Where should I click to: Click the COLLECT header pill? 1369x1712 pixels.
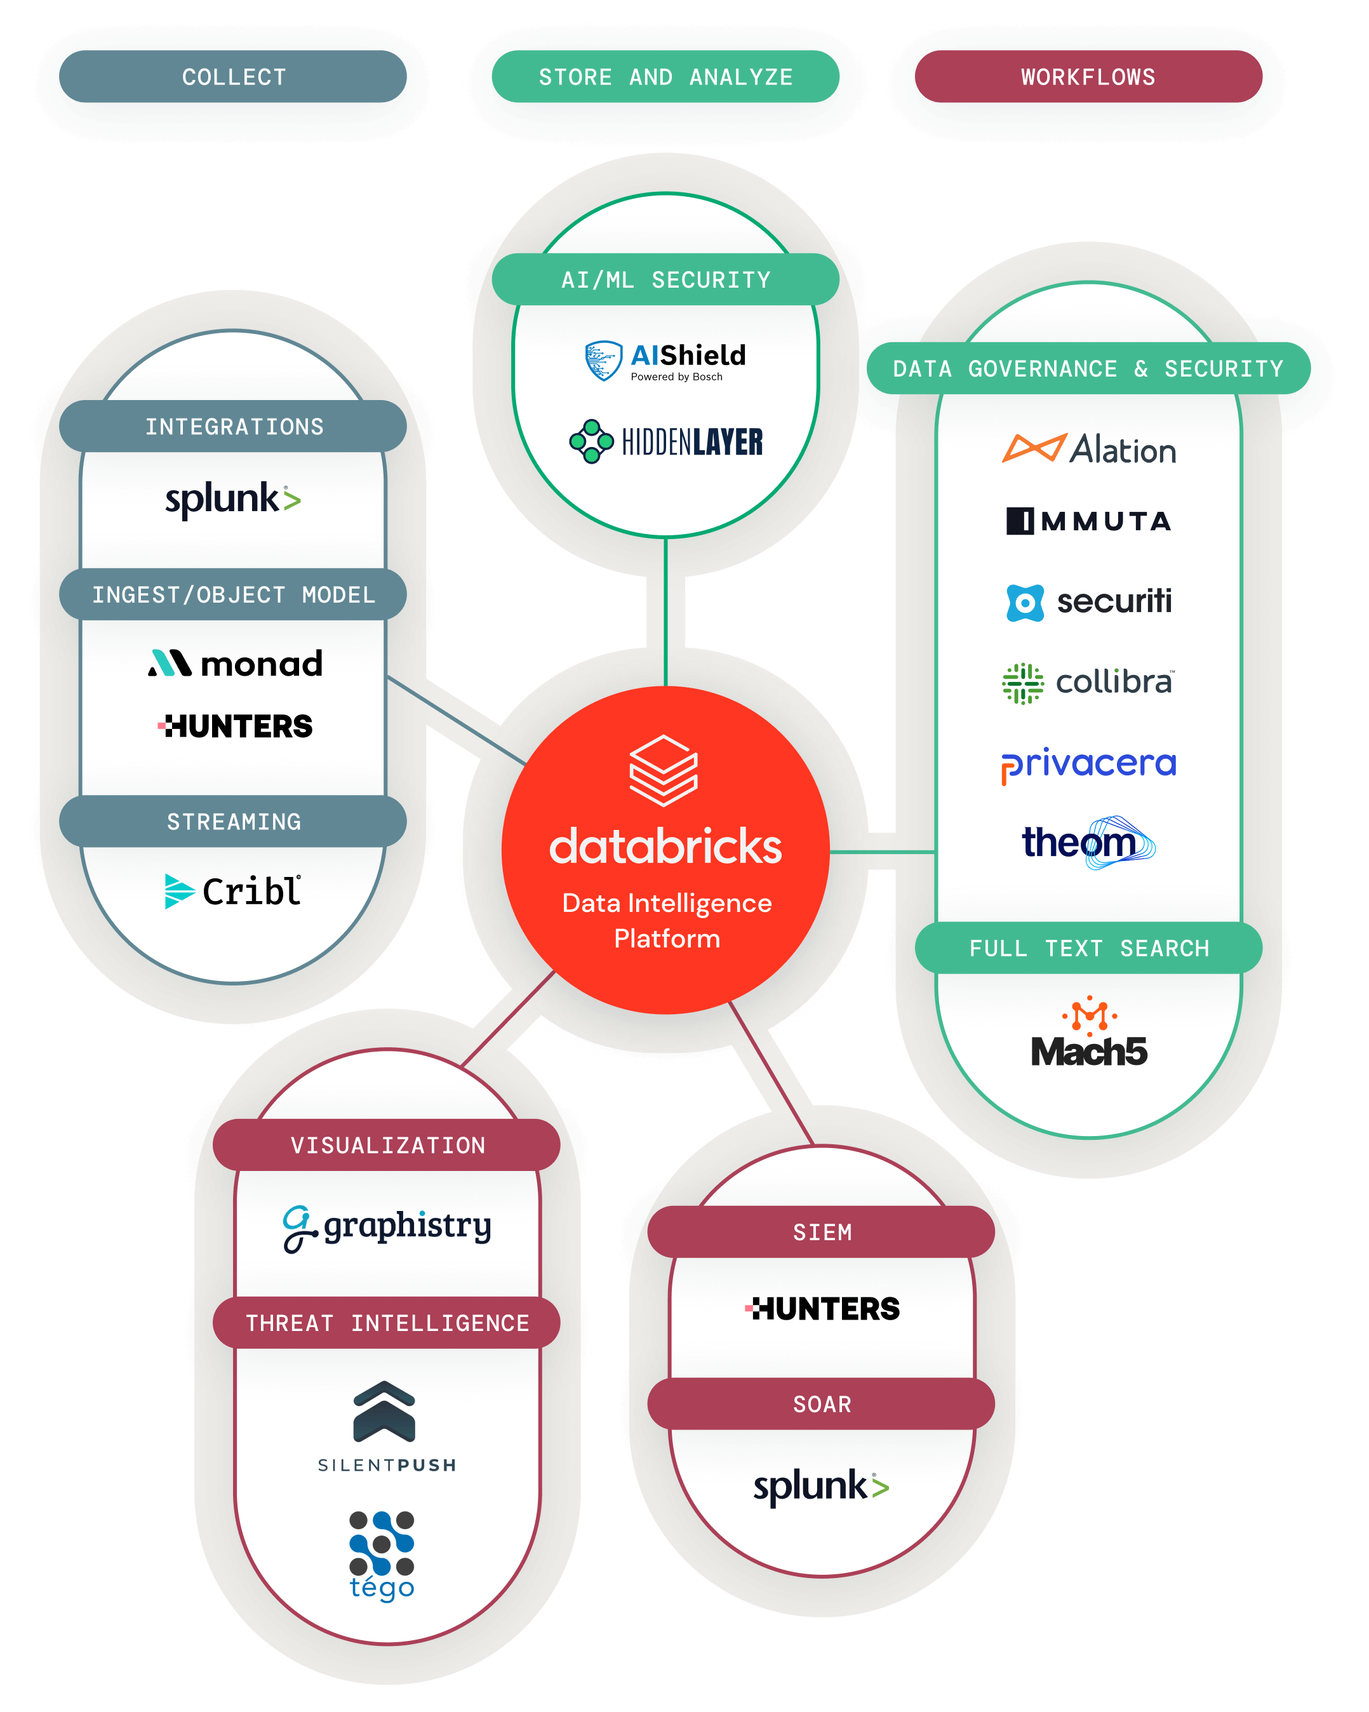point(232,76)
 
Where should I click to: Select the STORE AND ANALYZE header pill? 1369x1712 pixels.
point(665,76)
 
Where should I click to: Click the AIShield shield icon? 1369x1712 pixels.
point(603,361)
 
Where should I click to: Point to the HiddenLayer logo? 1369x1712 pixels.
point(665,441)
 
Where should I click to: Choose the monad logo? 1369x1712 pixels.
point(235,663)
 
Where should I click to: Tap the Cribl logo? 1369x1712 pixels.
point(232,891)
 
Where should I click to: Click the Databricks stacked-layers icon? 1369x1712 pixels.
point(663,770)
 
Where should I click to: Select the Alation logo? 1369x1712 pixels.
point(1089,450)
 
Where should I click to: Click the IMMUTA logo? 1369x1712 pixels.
point(1089,521)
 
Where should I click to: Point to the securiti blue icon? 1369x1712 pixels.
point(1025,603)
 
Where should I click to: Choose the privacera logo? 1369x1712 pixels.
point(1089,765)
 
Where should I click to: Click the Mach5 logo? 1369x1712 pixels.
point(1089,1033)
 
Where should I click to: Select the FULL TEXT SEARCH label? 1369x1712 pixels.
point(1089,948)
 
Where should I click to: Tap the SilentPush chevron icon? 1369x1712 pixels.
point(384,1411)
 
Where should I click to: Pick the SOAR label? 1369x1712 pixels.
point(822,1404)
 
